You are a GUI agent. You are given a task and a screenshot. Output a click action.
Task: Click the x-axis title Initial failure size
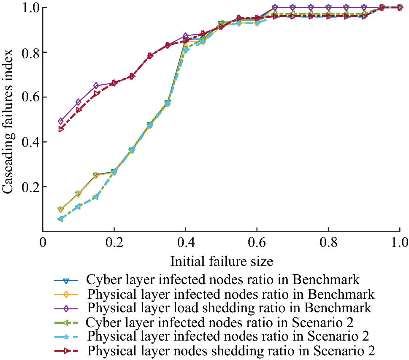pos(221,262)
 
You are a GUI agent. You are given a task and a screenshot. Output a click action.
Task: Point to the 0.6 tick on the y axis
pos(28,97)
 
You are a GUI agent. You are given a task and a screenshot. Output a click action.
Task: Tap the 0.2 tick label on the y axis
pos(28,187)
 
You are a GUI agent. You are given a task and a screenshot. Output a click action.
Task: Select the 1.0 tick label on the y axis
pos(28,8)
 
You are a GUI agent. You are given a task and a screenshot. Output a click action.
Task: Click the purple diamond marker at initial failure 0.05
pos(61,121)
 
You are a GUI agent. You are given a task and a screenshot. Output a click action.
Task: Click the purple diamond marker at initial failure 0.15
pos(96,86)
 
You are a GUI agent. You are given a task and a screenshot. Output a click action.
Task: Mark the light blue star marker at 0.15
pos(96,197)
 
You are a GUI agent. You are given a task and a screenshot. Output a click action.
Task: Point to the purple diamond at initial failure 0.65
pos(275,8)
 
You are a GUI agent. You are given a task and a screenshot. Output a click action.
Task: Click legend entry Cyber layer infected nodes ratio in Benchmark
pos(222,280)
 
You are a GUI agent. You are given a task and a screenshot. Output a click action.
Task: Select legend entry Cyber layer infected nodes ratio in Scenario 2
pos(219,322)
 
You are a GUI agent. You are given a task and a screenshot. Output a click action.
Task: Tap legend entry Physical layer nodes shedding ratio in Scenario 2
pos(232,350)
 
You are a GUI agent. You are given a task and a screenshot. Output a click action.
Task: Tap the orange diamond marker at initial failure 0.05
pos(61,210)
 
